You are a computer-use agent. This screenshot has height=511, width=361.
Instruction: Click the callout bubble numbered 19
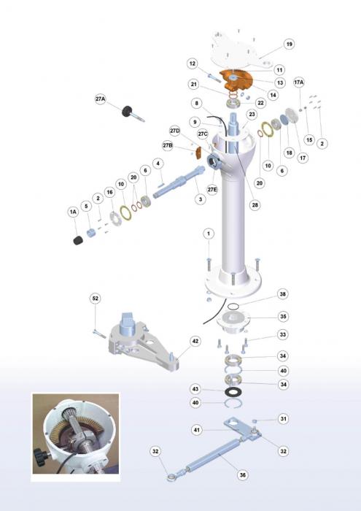tap(289, 44)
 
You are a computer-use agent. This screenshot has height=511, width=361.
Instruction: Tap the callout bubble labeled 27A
tap(101, 99)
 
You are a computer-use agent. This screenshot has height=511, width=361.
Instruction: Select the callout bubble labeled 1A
tap(73, 212)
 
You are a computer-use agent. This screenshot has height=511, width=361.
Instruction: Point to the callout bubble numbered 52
tap(95, 299)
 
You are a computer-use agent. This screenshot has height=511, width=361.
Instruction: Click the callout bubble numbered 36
tap(243, 474)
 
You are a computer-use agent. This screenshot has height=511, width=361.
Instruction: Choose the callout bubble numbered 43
tap(195, 389)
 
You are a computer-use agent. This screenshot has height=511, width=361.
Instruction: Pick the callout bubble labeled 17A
tap(299, 82)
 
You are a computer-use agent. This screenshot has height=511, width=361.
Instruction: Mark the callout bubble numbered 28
tap(255, 204)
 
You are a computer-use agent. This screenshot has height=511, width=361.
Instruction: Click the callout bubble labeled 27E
tap(212, 189)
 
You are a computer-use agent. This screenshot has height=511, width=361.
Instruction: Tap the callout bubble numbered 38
tap(282, 293)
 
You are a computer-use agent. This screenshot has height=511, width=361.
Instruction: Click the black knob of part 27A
tap(128, 111)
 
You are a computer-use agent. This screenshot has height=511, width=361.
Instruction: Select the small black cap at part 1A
tap(78, 240)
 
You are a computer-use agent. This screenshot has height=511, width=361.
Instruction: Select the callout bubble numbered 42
tap(195, 341)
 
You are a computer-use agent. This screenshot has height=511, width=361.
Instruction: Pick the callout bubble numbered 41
tap(197, 430)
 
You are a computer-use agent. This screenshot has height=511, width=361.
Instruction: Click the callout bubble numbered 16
tap(109, 192)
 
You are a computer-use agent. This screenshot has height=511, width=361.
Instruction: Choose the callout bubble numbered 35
tap(283, 316)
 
